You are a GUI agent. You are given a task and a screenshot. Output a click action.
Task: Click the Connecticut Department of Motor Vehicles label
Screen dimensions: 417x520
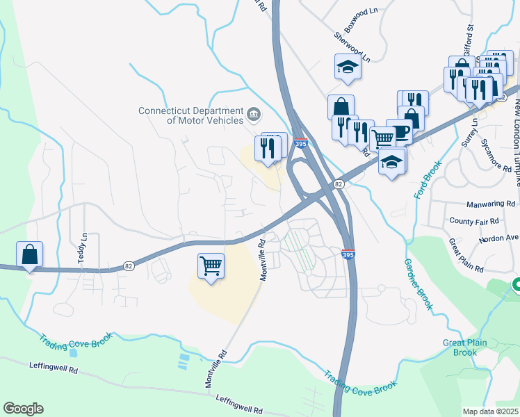[190, 115]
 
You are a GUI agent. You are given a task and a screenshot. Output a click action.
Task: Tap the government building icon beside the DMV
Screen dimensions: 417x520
[254, 113]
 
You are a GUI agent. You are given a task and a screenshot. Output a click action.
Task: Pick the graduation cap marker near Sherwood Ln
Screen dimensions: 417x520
[348, 67]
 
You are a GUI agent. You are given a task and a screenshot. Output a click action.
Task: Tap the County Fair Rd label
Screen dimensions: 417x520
[475, 221]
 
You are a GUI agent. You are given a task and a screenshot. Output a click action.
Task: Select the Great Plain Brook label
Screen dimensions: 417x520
[460, 347]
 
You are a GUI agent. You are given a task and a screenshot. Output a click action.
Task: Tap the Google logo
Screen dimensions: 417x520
[23, 409]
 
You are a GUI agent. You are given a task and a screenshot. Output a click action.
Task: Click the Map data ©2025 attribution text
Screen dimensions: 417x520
[490, 411]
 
